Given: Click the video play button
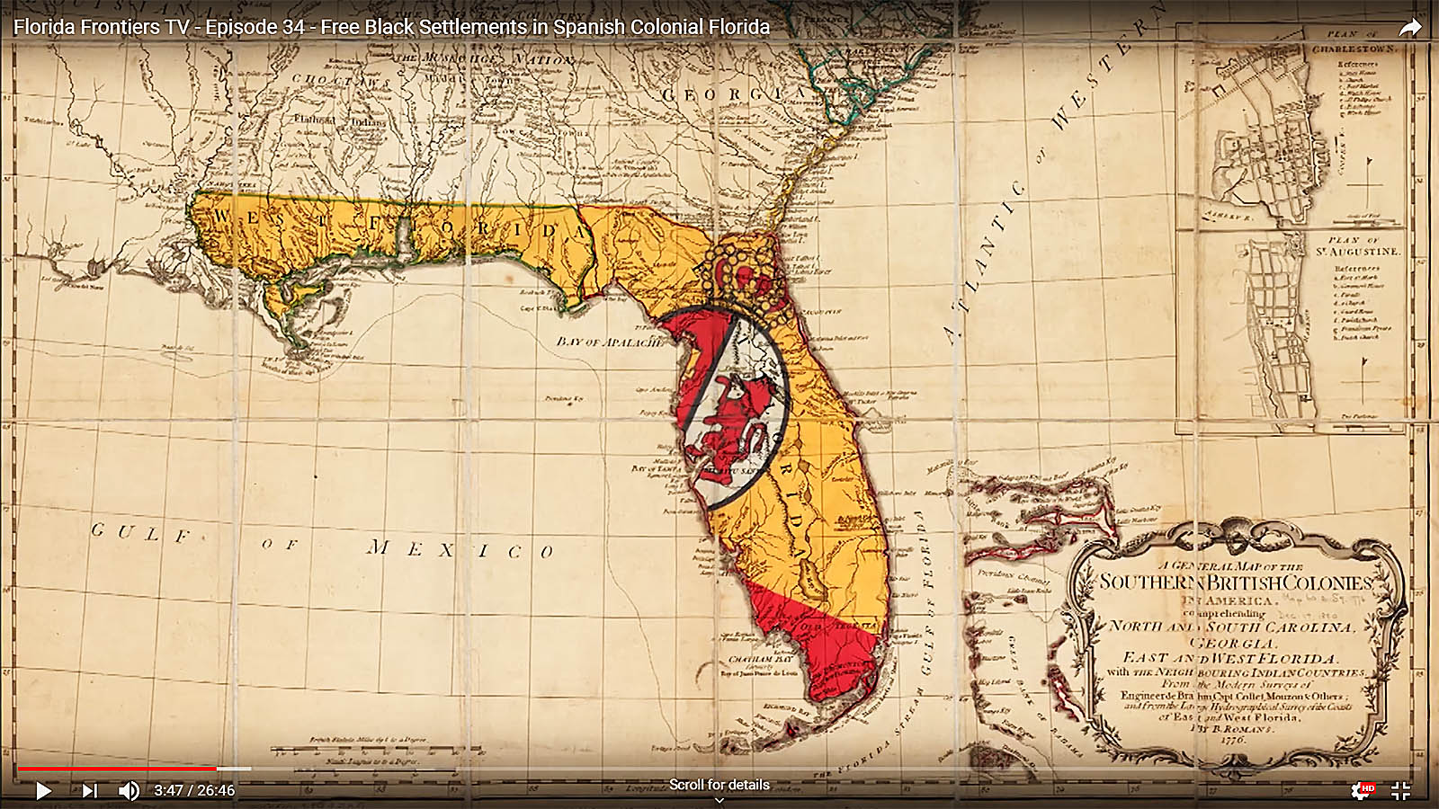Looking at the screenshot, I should pos(43,791).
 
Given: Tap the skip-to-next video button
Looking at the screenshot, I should pos(89,791).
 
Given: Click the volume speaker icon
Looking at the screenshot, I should pos(129,791).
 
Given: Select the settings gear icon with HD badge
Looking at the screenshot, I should pos(1361,790).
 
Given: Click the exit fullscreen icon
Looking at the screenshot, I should pos(1400,791).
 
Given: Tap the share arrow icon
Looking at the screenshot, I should pos(1409,28).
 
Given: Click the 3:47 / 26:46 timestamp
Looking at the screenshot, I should pos(194,791).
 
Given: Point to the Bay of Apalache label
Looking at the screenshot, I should pos(610,342).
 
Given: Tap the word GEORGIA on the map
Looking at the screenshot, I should pos(734,93).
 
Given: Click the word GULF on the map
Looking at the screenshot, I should pos(141,533).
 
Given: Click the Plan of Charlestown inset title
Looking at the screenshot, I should pos(1354,42).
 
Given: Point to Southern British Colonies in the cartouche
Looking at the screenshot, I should pos(1236,582).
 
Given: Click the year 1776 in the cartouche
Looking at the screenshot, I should pos(1233,739).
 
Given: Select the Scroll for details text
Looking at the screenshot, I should pos(719,785).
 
